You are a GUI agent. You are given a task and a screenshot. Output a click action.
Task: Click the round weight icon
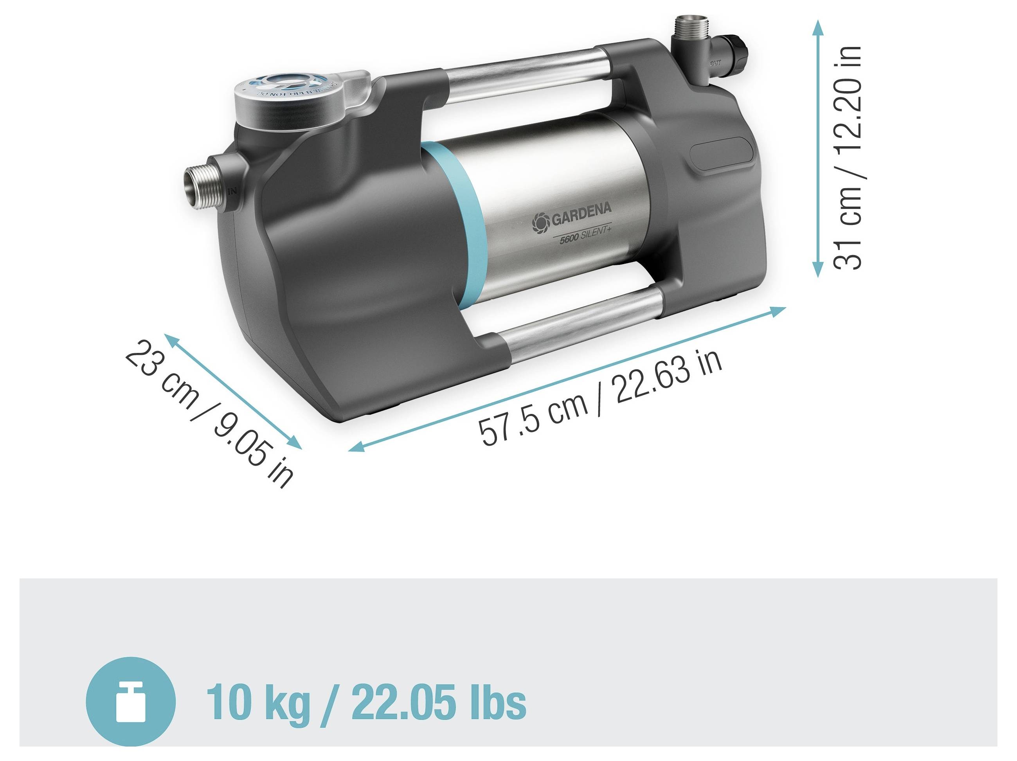[x=131, y=701]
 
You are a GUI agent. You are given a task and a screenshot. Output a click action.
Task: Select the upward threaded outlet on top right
[x=688, y=30]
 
